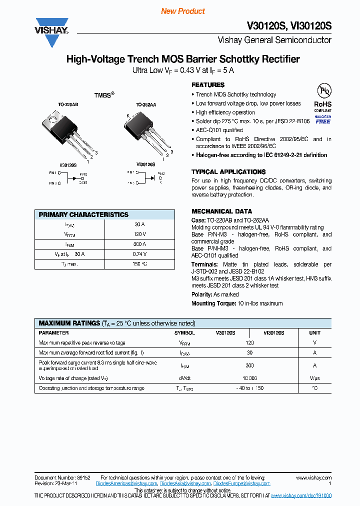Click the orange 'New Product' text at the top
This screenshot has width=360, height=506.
(182, 11)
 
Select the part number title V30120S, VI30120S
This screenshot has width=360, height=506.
(289, 26)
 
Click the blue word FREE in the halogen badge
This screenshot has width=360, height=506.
(323, 121)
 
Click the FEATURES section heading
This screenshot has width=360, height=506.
(208, 85)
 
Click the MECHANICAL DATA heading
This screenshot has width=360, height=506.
(221, 211)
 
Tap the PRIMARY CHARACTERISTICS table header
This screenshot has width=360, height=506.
(83, 214)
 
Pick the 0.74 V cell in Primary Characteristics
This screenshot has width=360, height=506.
(139, 254)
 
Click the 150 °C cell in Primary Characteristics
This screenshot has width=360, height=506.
(139, 263)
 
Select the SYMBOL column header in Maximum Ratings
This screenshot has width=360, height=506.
(184, 332)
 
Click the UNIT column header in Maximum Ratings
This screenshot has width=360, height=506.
(314, 332)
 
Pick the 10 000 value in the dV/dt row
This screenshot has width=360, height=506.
(249, 378)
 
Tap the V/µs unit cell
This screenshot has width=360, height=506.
(314, 378)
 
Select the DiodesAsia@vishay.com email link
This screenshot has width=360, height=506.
(185, 484)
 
